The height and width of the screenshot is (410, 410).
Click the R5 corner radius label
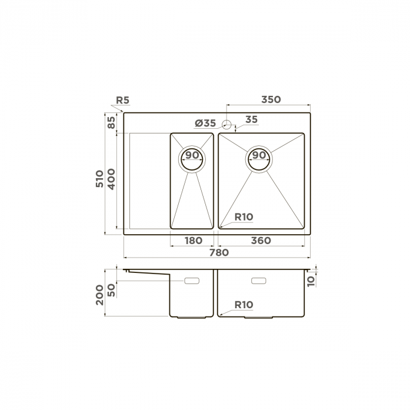pos(122,100)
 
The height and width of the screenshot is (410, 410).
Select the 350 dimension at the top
pos(271,99)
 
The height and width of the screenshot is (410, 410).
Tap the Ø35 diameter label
pos(205,123)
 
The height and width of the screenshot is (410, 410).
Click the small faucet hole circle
pos(226,125)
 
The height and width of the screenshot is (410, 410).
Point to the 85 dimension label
pos(111,122)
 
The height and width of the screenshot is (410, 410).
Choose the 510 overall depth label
pos(99,179)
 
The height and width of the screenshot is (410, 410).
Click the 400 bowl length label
pos(111,179)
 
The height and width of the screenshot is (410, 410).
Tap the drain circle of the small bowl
pos(192,159)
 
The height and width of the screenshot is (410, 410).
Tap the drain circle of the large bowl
pos(259,159)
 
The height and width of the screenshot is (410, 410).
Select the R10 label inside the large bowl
pos(244,217)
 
